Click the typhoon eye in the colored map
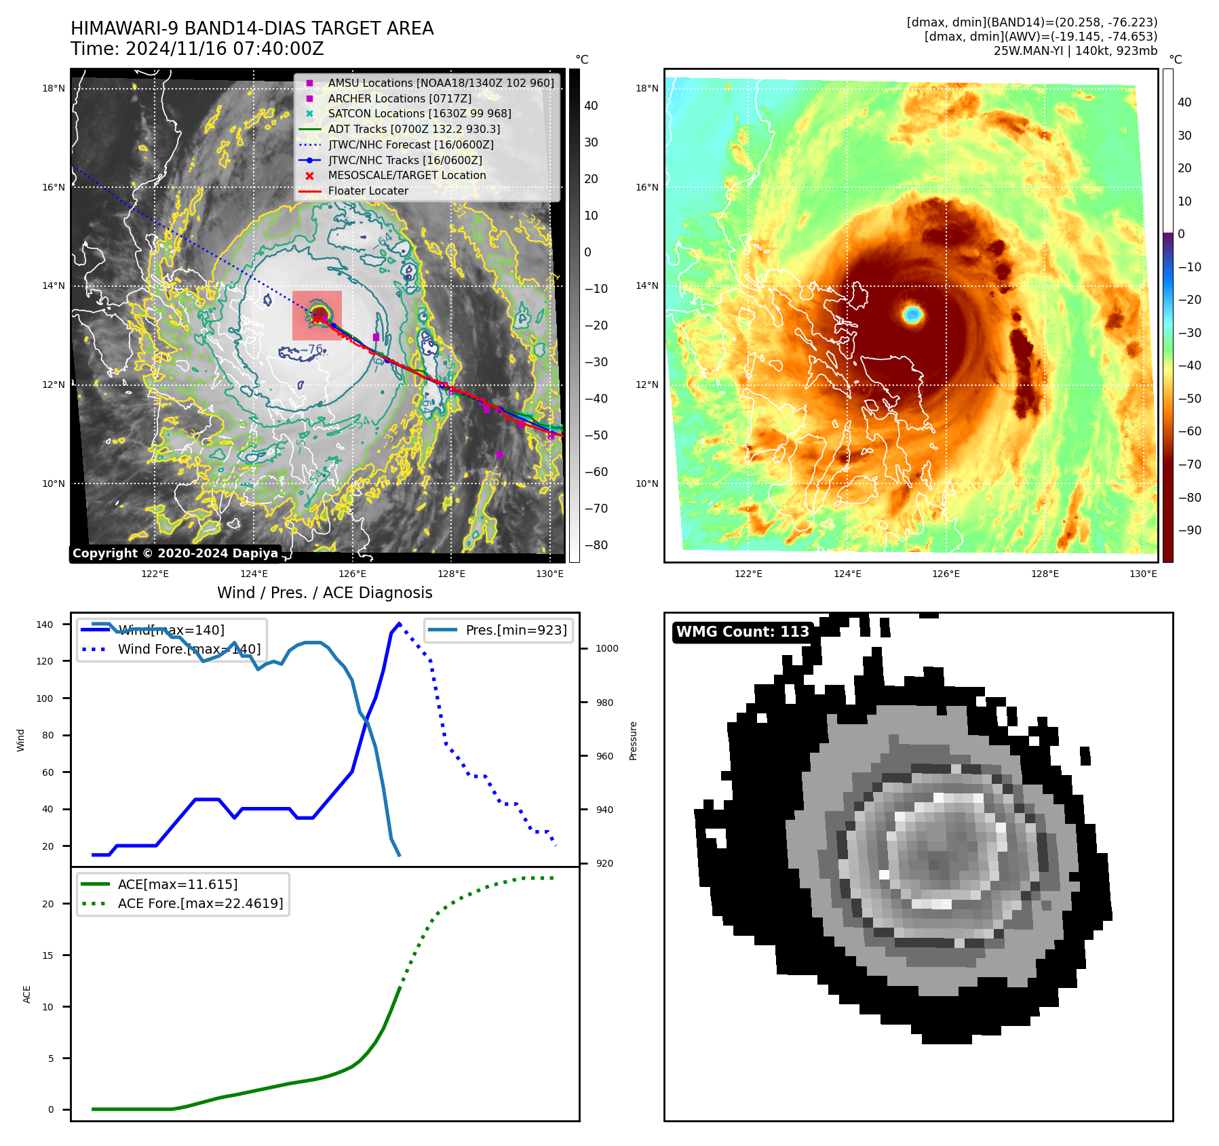click(x=913, y=314)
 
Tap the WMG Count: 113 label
click(x=742, y=632)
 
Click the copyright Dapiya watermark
click(x=175, y=553)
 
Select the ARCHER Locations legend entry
click(x=400, y=98)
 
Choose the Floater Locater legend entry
click(x=368, y=191)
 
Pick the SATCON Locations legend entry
click(x=419, y=114)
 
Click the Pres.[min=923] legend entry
click(x=516, y=630)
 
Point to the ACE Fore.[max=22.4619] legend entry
click(x=200, y=903)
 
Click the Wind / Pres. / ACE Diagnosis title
click(x=324, y=593)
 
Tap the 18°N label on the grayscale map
click(x=54, y=88)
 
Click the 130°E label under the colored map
click(x=1143, y=574)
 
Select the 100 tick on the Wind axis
click(x=45, y=698)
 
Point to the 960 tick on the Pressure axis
click(x=604, y=756)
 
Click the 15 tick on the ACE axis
click(x=47, y=955)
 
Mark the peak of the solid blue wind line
click(x=399, y=623)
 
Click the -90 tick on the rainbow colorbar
click(x=1189, y=530)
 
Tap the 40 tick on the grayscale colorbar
click(x=591, y=106)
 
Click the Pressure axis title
click(x=633, y=740)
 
